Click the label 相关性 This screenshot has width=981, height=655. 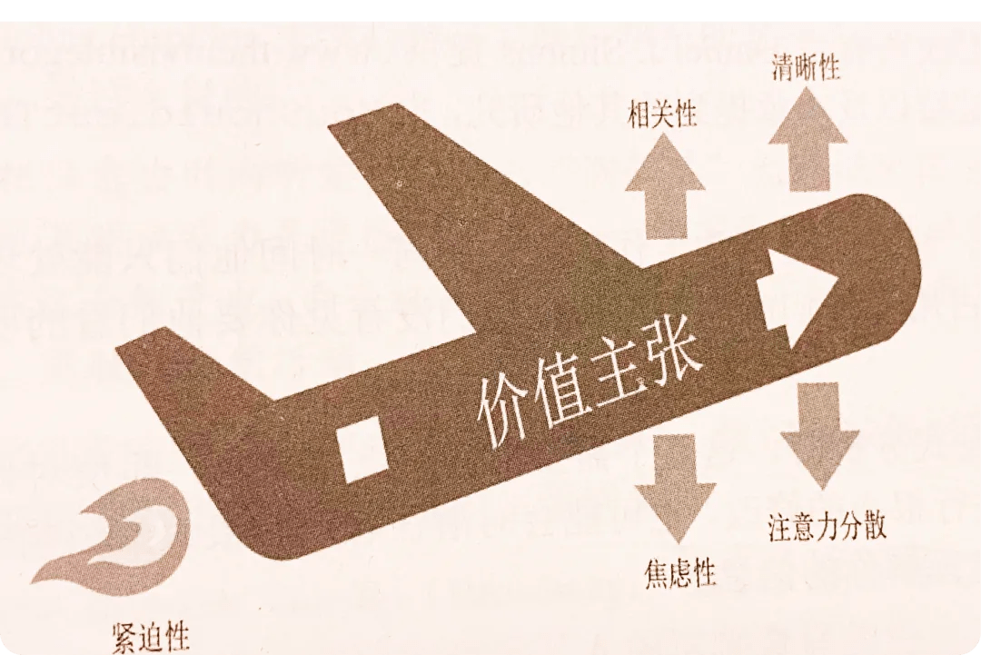pyautogui.click(x=662, y=115)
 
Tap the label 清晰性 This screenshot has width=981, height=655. pyautogui.click(x=806, y=67)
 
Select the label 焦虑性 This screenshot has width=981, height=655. pyautogui.click(x=679, y=572)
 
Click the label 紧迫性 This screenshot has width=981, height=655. pyautogui.click(x=150, y=637)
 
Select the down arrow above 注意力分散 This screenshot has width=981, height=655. pyautogui.click(x=819, y=436)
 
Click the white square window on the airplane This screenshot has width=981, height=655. pyautogui.click(x=362, y=449)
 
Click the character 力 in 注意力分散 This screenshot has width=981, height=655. pyautogui.click(x=827, y=528)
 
